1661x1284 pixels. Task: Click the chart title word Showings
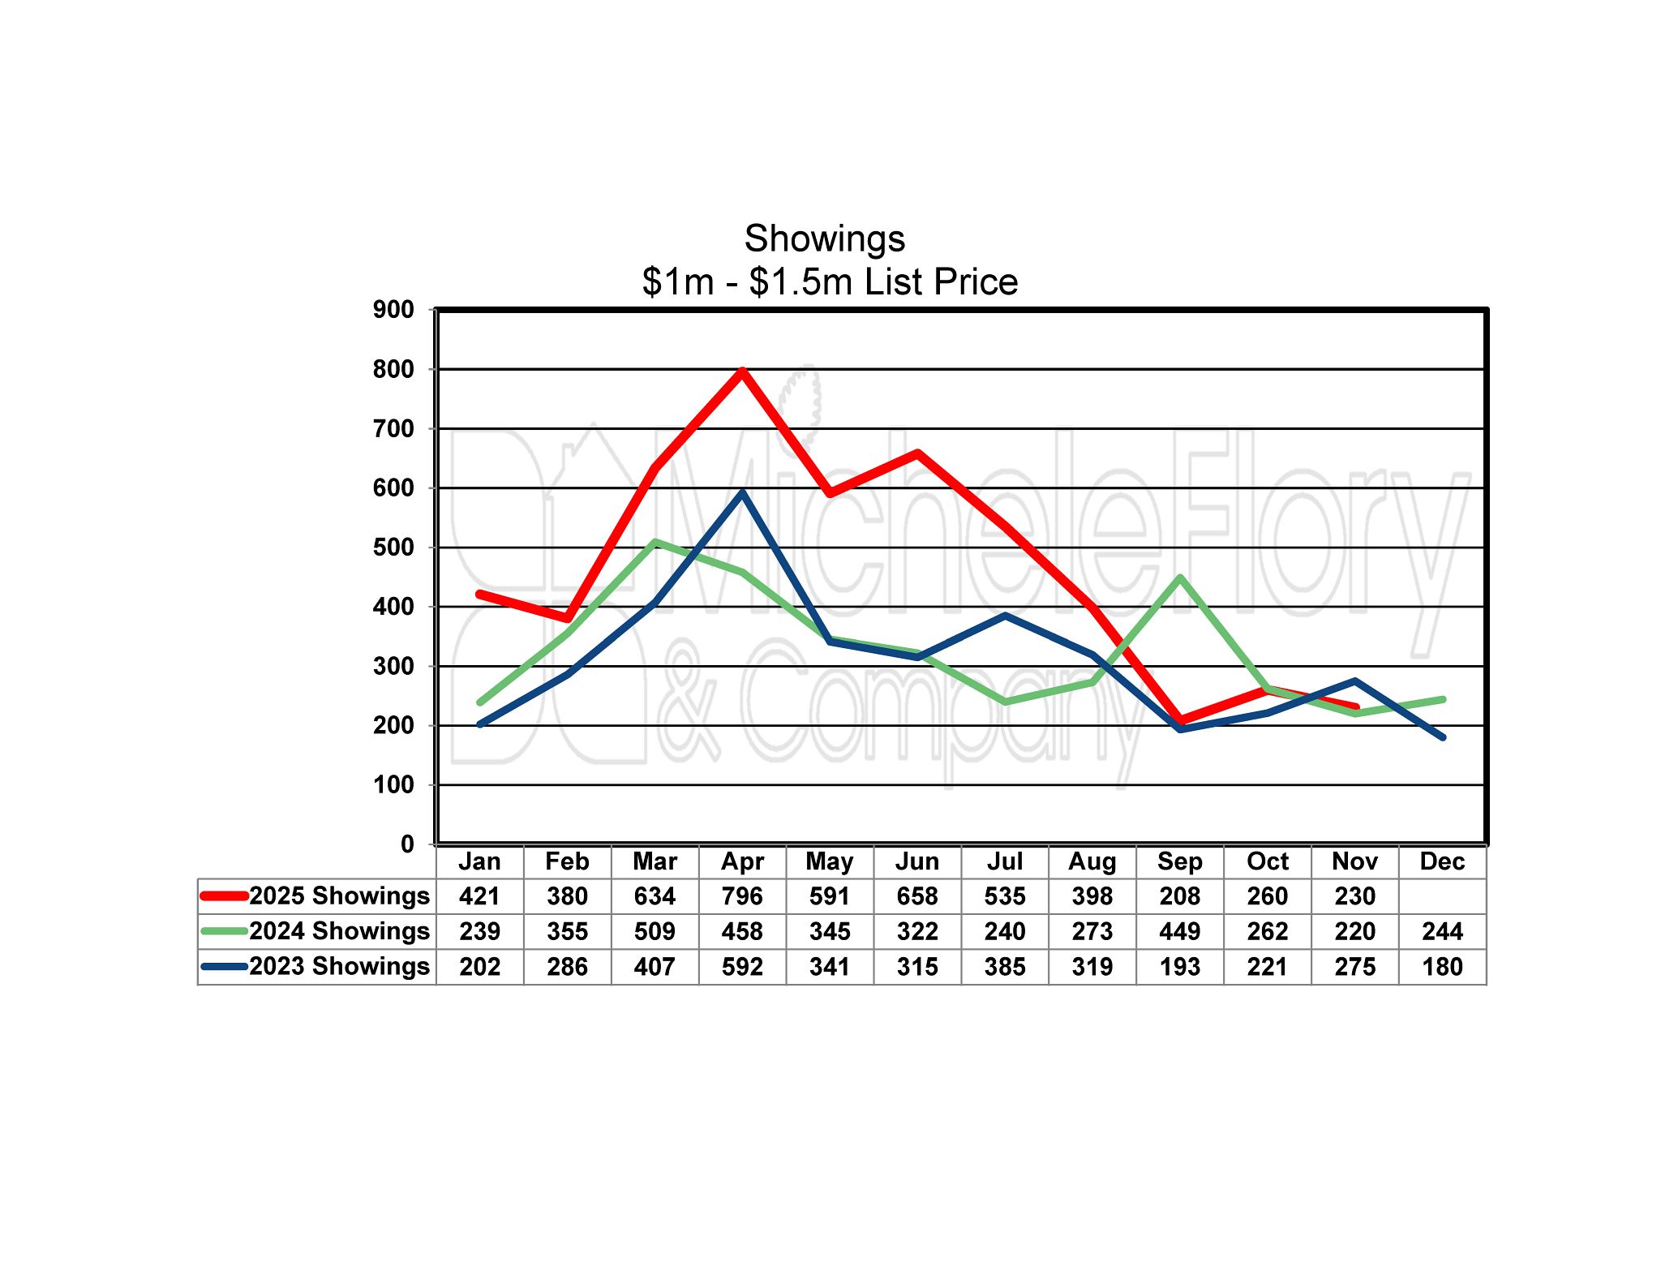tap(824, 239)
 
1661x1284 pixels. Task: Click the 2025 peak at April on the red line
tap(742, 371)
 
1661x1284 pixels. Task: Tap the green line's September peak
tap(1180, 578)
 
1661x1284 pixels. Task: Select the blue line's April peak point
tap(742, 492)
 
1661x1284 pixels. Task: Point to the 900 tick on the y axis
tap(393, 310)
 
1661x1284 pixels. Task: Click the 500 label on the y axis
tap(393, 548)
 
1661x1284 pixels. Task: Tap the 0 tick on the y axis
tap(407, 844)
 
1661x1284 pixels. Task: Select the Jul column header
tap(1005, 861)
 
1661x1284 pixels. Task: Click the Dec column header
tap(1442, 861)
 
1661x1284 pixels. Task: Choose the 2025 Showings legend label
tap(339, 896)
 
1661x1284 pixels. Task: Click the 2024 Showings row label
tap(339, 931)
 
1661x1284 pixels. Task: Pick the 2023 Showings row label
tap(339, 967)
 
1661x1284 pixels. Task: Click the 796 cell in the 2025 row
tap(742, 896)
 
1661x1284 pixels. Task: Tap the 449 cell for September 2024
tap(1180, 931)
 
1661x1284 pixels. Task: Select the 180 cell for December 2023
tap(1442, 967)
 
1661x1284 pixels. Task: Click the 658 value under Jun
tap(917, 896)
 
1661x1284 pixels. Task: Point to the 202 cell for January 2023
tap(480, 967)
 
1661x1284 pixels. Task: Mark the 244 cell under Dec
tap(1442, 931)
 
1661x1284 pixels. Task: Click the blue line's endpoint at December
tap(1443, 737)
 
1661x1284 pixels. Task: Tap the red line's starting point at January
tap(480, 595)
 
